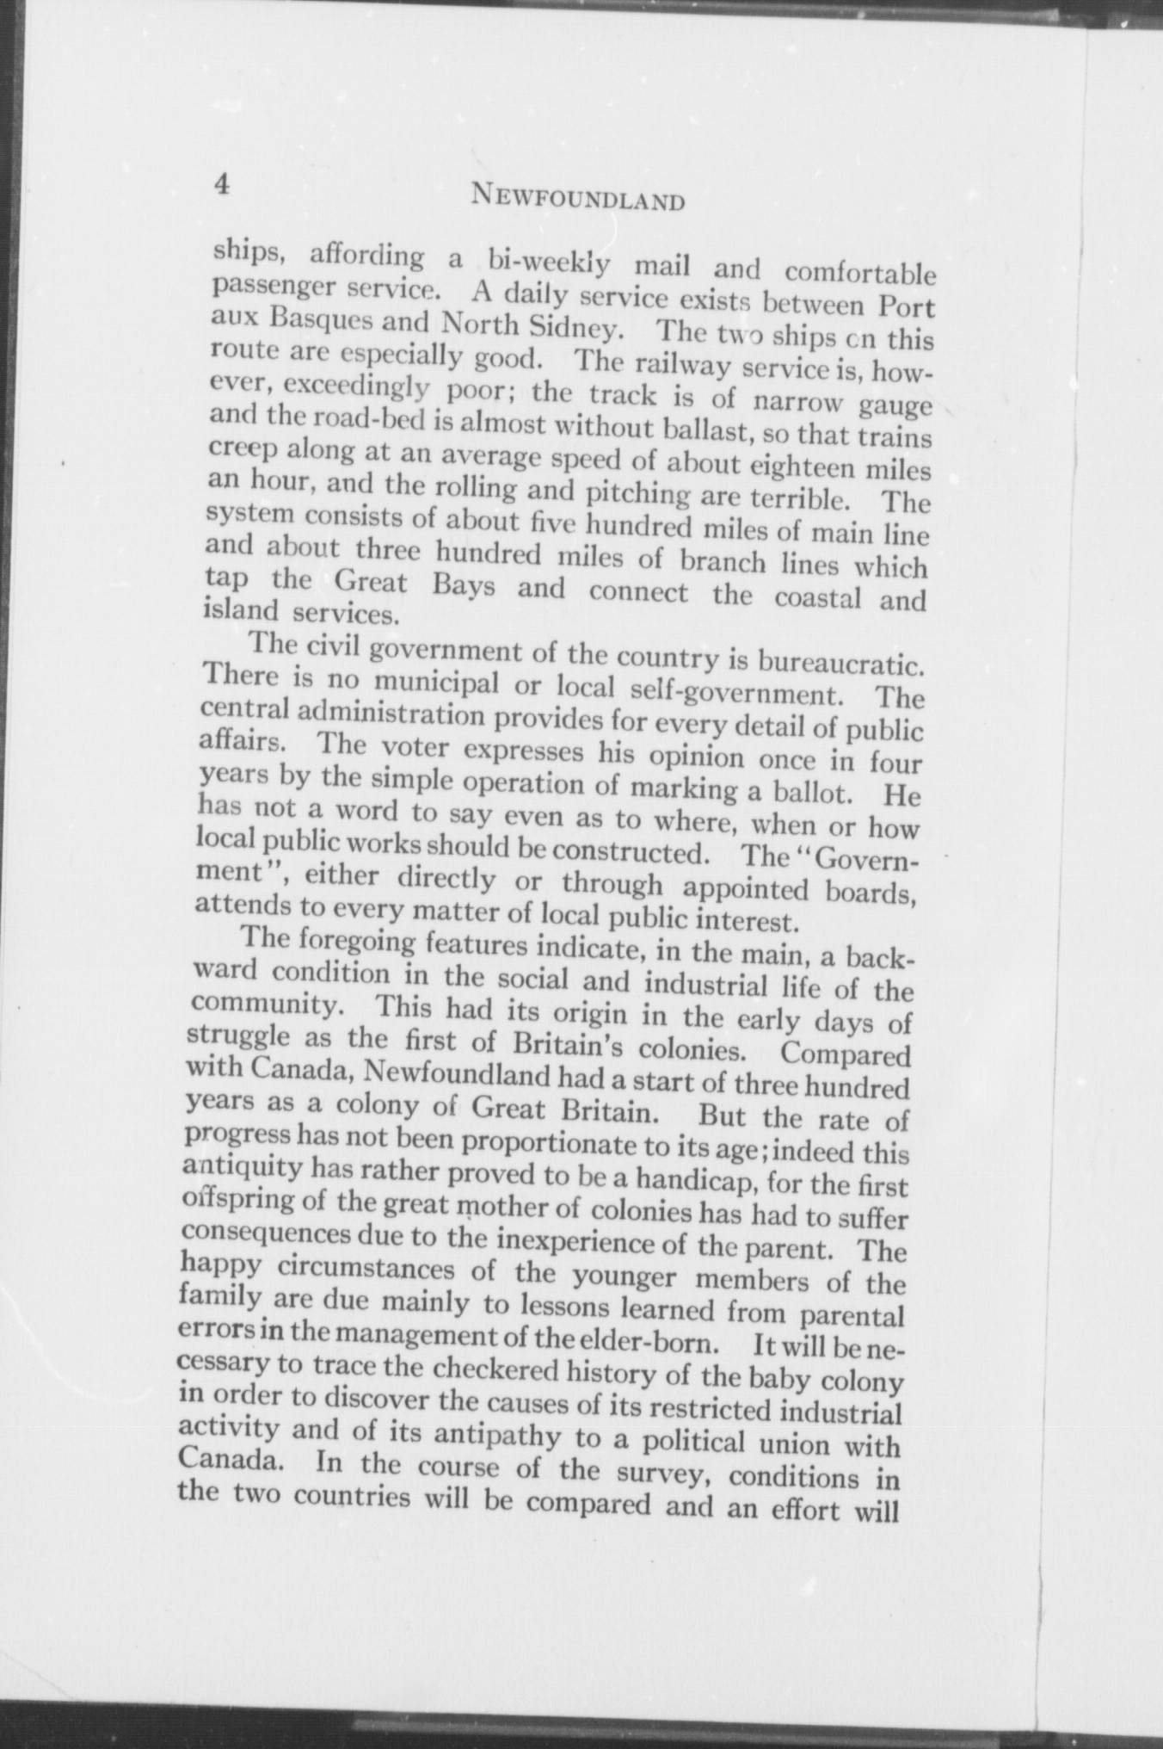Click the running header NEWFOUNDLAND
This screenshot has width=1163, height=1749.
click(x=578, y=200)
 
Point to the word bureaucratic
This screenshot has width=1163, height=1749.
click(x=841, y=663)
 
